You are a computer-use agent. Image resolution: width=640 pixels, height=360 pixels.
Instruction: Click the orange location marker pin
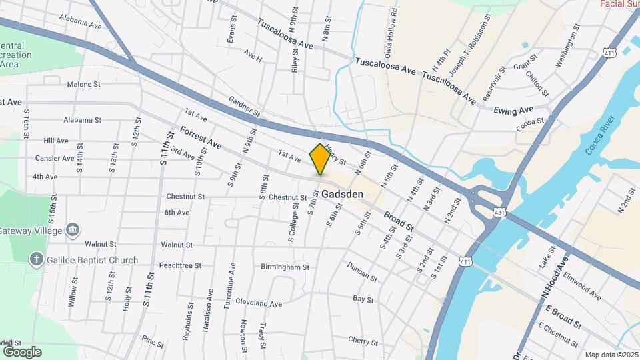pos(320,159)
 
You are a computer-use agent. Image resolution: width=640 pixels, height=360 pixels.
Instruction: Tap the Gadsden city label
pos(342,194)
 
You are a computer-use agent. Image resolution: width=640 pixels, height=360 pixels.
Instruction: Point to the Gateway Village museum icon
pos(73,231)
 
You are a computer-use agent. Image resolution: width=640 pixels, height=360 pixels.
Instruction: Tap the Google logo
pos(22,351)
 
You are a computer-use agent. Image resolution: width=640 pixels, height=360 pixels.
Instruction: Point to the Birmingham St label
pos(285,267)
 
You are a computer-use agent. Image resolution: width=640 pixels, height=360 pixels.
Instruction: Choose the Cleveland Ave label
pos(258,303)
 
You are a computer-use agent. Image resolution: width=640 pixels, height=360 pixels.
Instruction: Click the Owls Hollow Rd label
pos(394,31)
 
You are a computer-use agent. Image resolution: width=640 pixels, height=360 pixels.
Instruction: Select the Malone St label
pos(83,85)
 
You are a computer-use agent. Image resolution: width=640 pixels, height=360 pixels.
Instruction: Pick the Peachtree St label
pos(180,265)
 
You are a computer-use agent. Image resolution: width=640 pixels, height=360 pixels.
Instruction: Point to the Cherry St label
pos(363,341)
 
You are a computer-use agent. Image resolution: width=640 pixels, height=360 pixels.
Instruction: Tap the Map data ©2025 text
pos(611,355)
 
